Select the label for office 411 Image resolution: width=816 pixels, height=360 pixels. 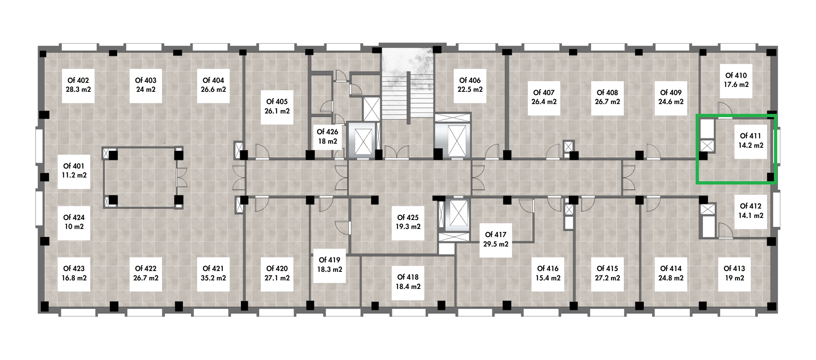751,140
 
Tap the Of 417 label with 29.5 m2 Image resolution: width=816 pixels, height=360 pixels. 496,240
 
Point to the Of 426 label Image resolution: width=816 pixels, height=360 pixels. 328,136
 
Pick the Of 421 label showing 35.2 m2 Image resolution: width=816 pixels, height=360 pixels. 213,273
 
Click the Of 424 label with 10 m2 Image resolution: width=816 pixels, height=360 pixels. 74,222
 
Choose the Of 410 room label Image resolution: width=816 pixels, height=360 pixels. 736,80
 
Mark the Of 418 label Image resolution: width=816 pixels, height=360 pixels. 408,282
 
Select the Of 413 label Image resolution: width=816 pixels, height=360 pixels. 734,273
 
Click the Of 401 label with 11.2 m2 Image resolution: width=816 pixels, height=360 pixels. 74,171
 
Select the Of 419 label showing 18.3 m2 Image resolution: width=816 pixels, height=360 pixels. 330,265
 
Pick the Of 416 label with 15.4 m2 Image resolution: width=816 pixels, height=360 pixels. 548,273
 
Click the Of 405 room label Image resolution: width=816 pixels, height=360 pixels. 277,107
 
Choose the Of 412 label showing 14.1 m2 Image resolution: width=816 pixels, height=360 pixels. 751,211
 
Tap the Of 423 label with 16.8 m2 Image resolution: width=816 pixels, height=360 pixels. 74,273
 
